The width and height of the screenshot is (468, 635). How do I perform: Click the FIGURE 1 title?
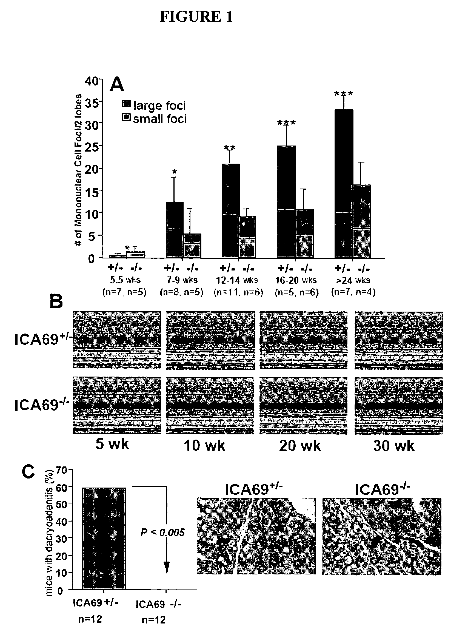pos(196,17)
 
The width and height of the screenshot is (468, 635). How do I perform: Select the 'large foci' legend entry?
pos(154,106)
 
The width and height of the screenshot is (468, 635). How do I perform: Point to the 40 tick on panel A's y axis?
pos(91,81)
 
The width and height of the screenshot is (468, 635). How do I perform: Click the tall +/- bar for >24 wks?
pos(344,184)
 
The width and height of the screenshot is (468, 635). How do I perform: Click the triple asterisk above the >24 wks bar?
pos(343,94)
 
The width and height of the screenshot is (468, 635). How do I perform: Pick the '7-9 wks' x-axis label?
pos(182,280)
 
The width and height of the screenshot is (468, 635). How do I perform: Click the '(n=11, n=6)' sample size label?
pos(238,292)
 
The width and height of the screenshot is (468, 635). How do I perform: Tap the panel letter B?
pos(56,301)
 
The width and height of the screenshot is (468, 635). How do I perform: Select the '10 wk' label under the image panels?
pos(204,446)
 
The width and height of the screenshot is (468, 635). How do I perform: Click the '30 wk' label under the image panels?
pos(394,446)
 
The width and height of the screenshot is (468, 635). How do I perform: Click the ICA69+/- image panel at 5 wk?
pos(117,340)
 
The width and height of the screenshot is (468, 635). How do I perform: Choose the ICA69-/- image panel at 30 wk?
pos(399,406)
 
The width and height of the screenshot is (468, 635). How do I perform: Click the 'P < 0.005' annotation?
pos(162,533)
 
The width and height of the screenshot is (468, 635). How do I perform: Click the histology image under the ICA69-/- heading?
pos(382,536)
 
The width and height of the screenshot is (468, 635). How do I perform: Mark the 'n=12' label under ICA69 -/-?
pos(153,620)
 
